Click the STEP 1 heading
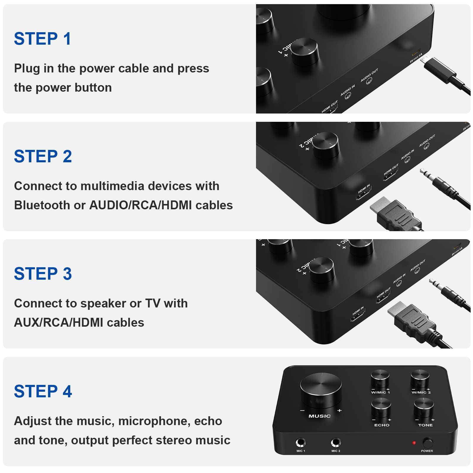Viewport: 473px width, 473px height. coord(43,39)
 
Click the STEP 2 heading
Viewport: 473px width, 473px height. coord(43,156)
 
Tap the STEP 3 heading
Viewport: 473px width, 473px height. coord(43,274)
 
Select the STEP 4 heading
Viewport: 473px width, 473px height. coord(43,391)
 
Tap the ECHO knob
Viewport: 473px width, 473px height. coord(381,407)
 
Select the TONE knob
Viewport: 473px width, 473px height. coord(424,407)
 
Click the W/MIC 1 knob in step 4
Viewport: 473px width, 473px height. coord(380,378)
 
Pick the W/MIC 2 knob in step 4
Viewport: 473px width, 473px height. coord(420,378)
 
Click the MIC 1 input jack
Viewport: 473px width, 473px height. coord(301,443)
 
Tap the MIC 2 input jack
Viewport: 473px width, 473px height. coord(336,443)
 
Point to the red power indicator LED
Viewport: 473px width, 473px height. coord(414,443)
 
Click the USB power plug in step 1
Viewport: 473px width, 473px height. coord(440,71)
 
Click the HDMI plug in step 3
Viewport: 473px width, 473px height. coord(414,322)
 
